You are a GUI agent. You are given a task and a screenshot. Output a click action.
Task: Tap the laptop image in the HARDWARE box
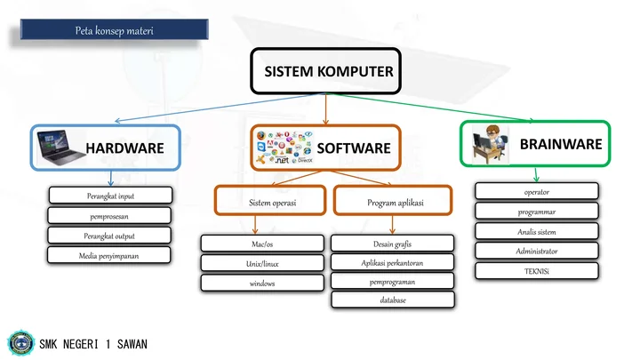pos(61,147)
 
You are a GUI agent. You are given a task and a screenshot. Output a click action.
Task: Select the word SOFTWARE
pos(353,148)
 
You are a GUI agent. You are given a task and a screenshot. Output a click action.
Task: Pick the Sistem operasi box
pos(270,203)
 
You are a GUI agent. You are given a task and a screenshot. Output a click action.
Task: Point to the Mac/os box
pos(261,243)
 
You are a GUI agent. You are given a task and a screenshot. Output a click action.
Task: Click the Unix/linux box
pos(261,263)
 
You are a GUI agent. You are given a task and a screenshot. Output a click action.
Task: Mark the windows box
pos(261,284)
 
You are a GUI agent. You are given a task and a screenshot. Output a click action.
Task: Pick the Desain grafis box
pos(392,243)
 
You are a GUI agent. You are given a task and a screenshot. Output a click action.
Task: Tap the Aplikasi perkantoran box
pos(392,262)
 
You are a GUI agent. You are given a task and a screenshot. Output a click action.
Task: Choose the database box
pos(392,300)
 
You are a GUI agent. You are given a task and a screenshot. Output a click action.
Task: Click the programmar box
pos(536,212)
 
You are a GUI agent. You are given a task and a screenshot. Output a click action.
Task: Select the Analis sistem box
pos(536,231)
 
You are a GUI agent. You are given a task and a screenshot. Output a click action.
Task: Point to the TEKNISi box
pos(536,270)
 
